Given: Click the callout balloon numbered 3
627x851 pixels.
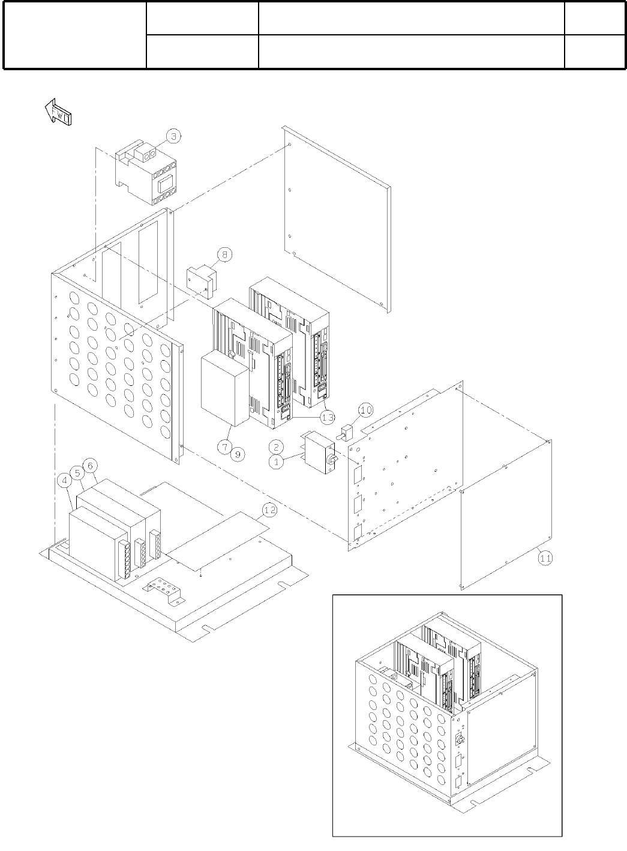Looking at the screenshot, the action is (x=173, y=137).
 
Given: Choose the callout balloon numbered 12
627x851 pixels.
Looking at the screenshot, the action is (x=269, y=510).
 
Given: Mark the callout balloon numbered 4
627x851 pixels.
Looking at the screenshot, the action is (x=64, y=480).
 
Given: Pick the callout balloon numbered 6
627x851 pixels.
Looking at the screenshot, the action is (x=89, y=465).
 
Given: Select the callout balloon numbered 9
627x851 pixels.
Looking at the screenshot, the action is (x=237, y=454).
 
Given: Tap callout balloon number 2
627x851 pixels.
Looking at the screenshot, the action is (x=276, y=447).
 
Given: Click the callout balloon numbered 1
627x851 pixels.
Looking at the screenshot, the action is (x=276, y=463).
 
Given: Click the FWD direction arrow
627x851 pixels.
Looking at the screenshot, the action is (x=58, y=113).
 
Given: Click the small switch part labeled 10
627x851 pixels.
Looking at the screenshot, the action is (x=346, y=432).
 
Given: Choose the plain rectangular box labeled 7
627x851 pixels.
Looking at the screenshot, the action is (x=224, y=389).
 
